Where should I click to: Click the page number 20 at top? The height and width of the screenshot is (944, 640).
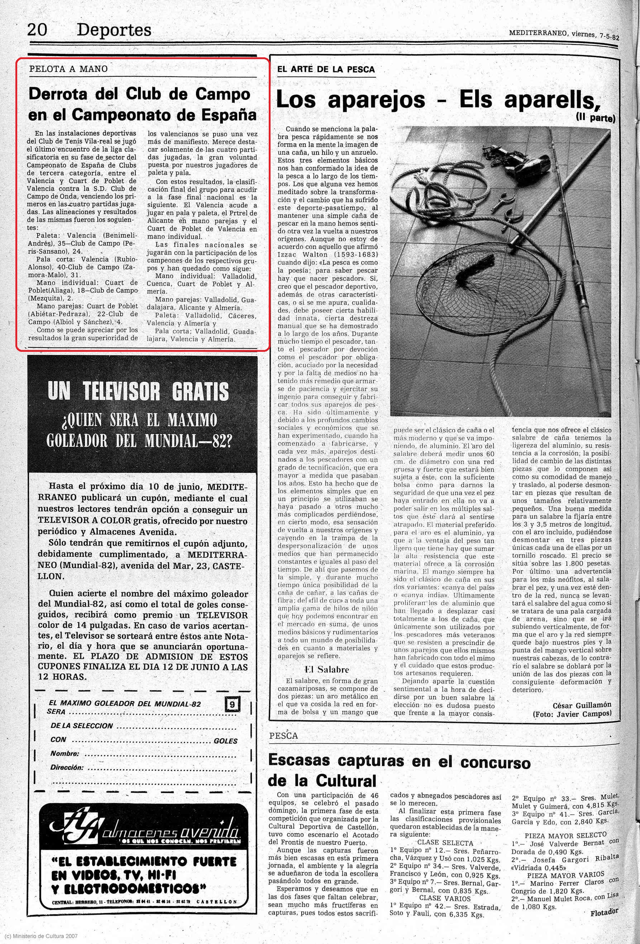pos(37,30)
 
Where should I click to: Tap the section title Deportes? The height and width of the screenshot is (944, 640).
pos(114,30)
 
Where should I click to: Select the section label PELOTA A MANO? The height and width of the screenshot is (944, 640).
pos(68,69)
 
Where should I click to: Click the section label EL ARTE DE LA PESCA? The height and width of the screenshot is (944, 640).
pos(326,70)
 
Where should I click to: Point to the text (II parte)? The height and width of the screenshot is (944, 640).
pos(595,118)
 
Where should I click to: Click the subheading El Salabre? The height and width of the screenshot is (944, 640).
pos(327,670)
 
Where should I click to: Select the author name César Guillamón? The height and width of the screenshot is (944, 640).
pos(582,705)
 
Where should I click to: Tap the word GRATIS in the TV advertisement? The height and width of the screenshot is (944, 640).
pos(200,391)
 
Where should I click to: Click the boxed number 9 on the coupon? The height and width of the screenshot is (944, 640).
pos(232,704)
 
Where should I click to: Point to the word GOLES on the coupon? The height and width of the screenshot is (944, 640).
pos(225,741)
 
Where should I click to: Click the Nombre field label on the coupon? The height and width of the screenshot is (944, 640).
pos(65,753)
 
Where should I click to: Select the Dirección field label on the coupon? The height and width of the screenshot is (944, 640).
pos(67,767)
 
